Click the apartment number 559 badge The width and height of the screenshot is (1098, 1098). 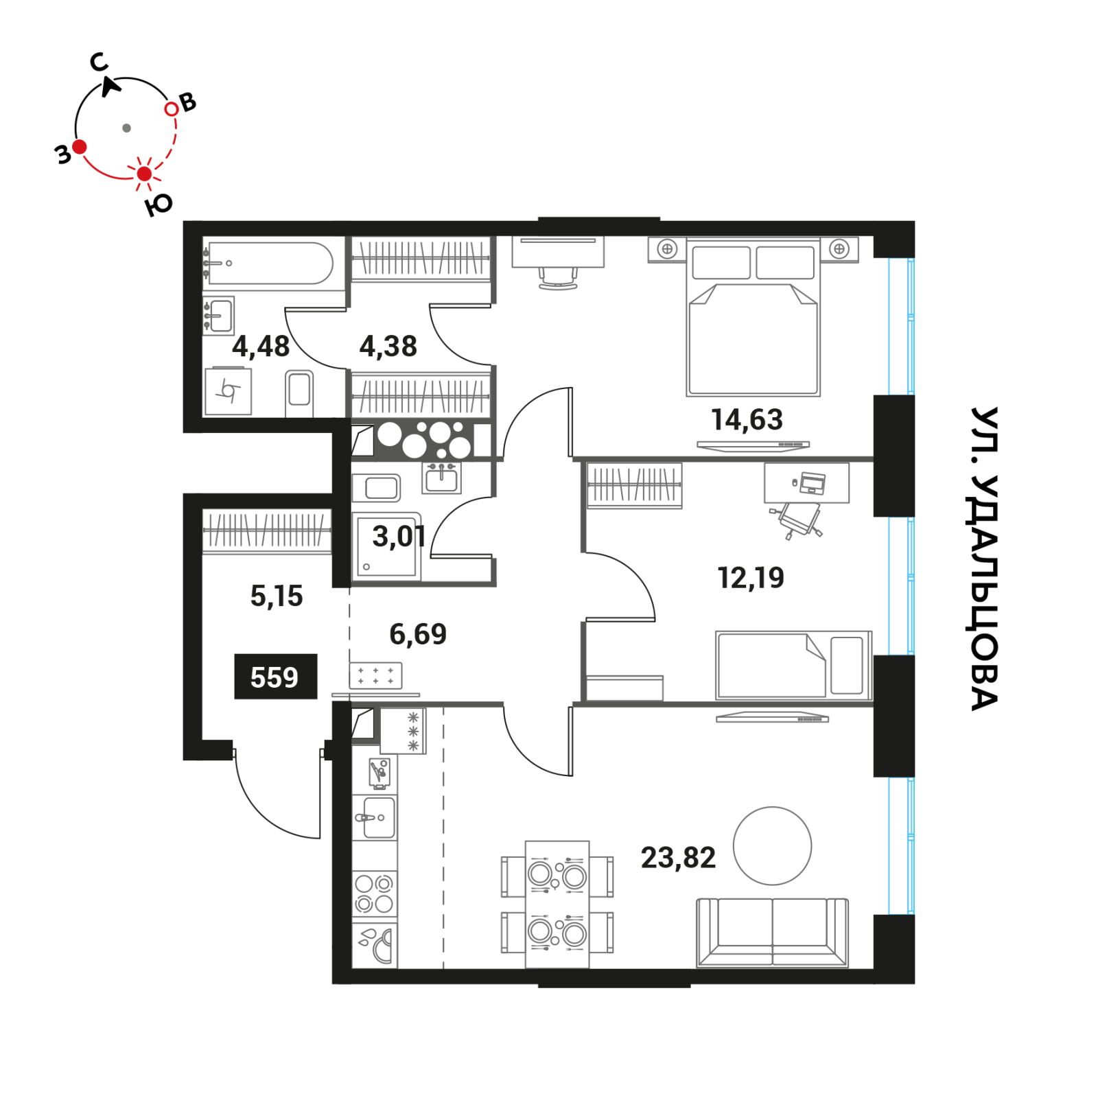point(276,677)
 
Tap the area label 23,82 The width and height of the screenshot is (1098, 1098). point(678,858)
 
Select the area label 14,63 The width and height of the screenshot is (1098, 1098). point(747,419)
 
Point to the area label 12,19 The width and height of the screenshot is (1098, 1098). point(751,578)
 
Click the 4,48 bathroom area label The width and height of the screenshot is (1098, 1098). point(261,347)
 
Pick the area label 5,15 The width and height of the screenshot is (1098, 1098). point(277,596)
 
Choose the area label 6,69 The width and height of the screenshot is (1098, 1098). point(418,634)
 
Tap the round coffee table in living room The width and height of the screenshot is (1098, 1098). point(773,846)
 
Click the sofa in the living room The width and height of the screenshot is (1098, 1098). point(773,933)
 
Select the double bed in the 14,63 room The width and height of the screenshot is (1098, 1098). point(753,317)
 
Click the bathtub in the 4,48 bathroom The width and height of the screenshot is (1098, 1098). point(269,263)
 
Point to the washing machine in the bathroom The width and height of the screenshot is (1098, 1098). point(229,391)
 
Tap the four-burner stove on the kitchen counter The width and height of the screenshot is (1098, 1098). point(375,893)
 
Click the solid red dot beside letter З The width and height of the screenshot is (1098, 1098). point(80,147)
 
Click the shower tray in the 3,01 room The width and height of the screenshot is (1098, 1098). point(386,546)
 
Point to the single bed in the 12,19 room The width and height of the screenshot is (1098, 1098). point(793,665)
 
